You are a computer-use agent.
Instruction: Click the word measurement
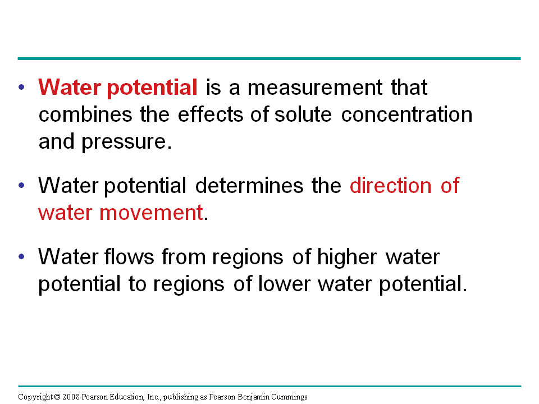point(315,88)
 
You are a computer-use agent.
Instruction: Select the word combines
point(85,114)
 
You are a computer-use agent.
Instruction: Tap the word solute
point(303,114)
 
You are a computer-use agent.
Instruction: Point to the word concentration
point(406,114)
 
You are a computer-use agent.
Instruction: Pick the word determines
point(249,186)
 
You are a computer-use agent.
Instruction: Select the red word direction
point(391,186)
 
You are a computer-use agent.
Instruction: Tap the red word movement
point(151,213)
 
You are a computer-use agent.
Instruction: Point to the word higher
point(347,257)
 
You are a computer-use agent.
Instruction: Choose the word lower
point(284,284)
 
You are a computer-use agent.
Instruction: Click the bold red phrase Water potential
point(118,88)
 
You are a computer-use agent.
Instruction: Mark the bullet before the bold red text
point(22,88)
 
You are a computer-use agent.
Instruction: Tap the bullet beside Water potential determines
point(22,186)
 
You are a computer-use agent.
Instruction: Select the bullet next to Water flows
point(22,256)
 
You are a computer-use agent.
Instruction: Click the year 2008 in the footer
point(71,397)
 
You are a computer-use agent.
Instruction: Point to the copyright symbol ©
point(57,397)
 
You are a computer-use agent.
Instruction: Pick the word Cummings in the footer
point(290,397)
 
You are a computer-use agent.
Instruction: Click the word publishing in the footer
point(181,397)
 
